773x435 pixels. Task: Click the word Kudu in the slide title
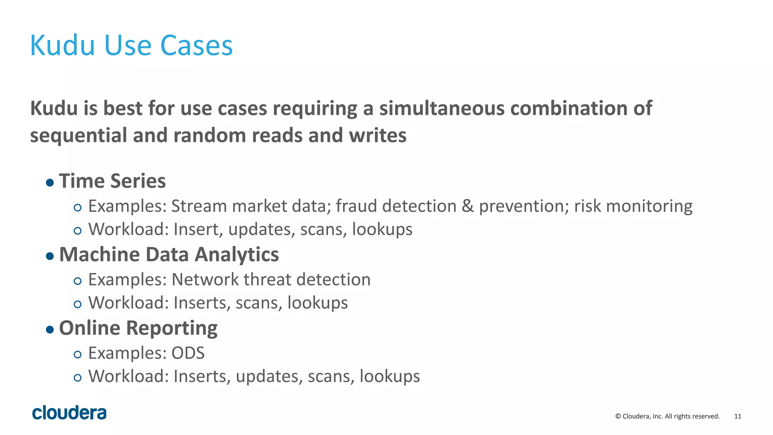[x=62, y=45]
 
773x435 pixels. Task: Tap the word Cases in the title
[x=196, y=45]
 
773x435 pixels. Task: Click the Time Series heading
[x=112, y=181]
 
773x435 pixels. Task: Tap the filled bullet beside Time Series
[x=50, y=183]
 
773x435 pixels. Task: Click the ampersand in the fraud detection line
[x=468, y=206]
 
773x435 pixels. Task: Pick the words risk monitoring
[x=633, y=206]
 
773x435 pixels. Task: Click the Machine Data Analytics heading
[x=169, y=255]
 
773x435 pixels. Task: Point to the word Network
[x=205, y=280]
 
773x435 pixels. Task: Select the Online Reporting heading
[x=138, y=328]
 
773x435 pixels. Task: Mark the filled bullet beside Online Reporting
[x=50, y=330]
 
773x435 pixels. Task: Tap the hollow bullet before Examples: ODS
[x=78, y=355]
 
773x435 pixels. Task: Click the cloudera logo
[x=69, y=413]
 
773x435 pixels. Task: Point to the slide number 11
[x=738, y=416]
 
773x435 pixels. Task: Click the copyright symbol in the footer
[x=618, y=416]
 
